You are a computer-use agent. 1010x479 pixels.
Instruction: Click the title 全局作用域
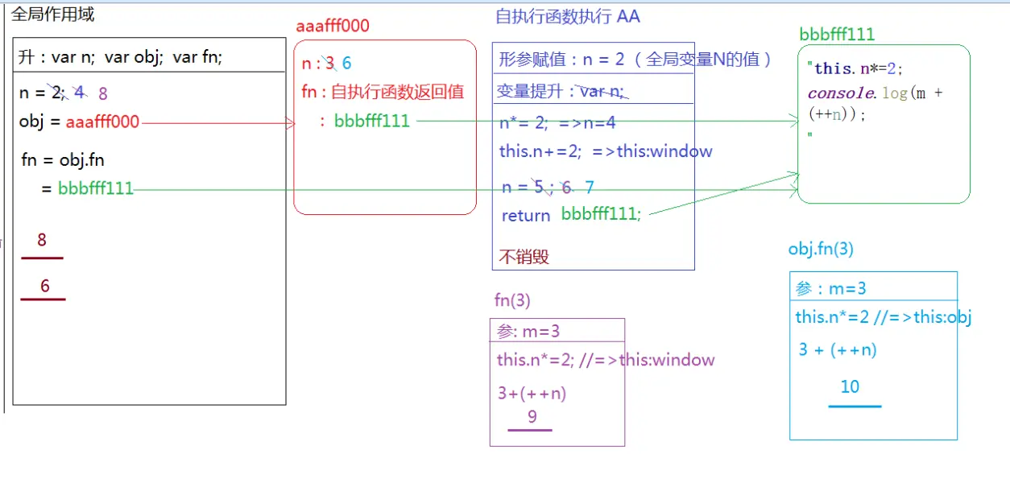pyautogui.click(x=52, y=14)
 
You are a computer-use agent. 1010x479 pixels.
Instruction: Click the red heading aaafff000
pyautogui.click(x=333, y=26)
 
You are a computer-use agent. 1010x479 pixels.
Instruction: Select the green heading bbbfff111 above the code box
pyautogui.click(x=837, y=34)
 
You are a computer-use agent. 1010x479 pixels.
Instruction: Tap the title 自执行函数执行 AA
pyautogui.click(x=568, y=17)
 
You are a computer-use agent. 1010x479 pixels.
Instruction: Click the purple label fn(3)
pyautogui.click(x=512, y=300)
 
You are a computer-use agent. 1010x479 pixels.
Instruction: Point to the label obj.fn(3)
pyautogui.click(x=821, y=249)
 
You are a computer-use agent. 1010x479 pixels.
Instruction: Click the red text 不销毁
pyautogui.click(x=524, y=257)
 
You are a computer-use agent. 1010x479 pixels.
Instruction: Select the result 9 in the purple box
pyautogui.click(x=532, y=417)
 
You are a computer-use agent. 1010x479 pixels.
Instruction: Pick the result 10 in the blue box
pyautogui.click(x=850, y=387)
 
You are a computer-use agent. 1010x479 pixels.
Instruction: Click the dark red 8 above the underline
pyautogui.click(x=42, y=240)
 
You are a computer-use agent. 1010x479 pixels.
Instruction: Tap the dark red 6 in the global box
pyautogui.click(x=45, y=286)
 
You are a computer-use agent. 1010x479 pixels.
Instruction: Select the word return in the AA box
pyautogui.click(x=525, y=216)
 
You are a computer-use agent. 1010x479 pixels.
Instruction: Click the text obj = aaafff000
pyautogui.click(x=79, y=122)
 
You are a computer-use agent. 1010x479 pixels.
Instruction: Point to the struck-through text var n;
pyautogui.click(x=602, y=92)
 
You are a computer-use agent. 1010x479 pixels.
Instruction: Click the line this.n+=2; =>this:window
pyautogui.click(x=606, y=151)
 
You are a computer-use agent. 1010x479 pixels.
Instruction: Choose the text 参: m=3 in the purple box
pyautogui.click(x=528, y=331)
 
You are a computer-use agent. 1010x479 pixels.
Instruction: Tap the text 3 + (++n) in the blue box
pyautogui.click(x=838, y=349)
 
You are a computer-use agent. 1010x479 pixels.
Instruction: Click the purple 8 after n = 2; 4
pyautogui.click(x=103, y=94)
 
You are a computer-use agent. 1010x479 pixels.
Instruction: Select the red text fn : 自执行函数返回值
pyautogui.click(x=383, y=92)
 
